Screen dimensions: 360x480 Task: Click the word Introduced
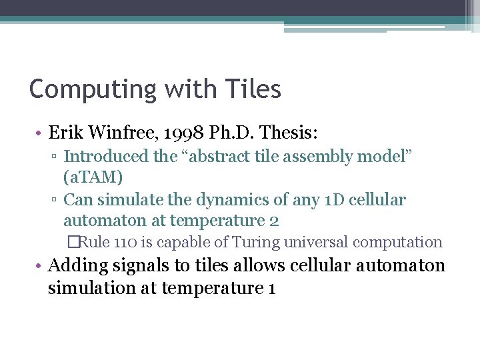coord(106,157)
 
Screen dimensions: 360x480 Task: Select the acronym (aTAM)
coord(93,178)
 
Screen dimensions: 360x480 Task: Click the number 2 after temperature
coord(273,220)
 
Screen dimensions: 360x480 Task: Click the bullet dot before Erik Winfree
coord(40,134)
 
